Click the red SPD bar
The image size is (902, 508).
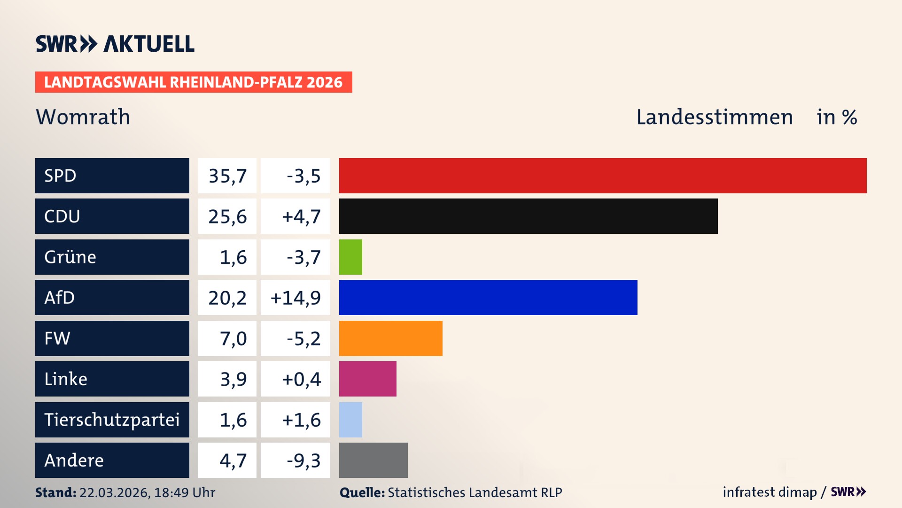[603, 175]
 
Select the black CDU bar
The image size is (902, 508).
[528, 216]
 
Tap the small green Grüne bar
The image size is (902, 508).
[350, 257]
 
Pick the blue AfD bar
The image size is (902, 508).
[488, 297]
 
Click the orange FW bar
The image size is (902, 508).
[390, 338]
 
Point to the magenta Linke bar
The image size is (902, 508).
[367, 379]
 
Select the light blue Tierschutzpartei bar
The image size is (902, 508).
[350, 420]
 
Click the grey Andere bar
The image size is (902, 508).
[373, 460]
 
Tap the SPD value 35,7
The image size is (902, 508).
[227, 176]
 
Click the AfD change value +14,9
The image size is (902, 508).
[295, 298]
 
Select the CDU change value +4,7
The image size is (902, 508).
[301, 216]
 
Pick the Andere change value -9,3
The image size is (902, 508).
[303, 460]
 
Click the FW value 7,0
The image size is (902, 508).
[233, 339]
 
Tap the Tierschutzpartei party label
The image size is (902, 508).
[112, 420]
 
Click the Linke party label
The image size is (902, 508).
[66, 379]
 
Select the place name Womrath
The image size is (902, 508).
[83, 117]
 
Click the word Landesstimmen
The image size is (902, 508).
[714, 117]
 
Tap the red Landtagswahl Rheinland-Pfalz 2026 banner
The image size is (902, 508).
[194, 82]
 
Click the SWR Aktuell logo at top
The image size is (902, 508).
[115, 44]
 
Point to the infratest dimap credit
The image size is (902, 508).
[770, 492]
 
